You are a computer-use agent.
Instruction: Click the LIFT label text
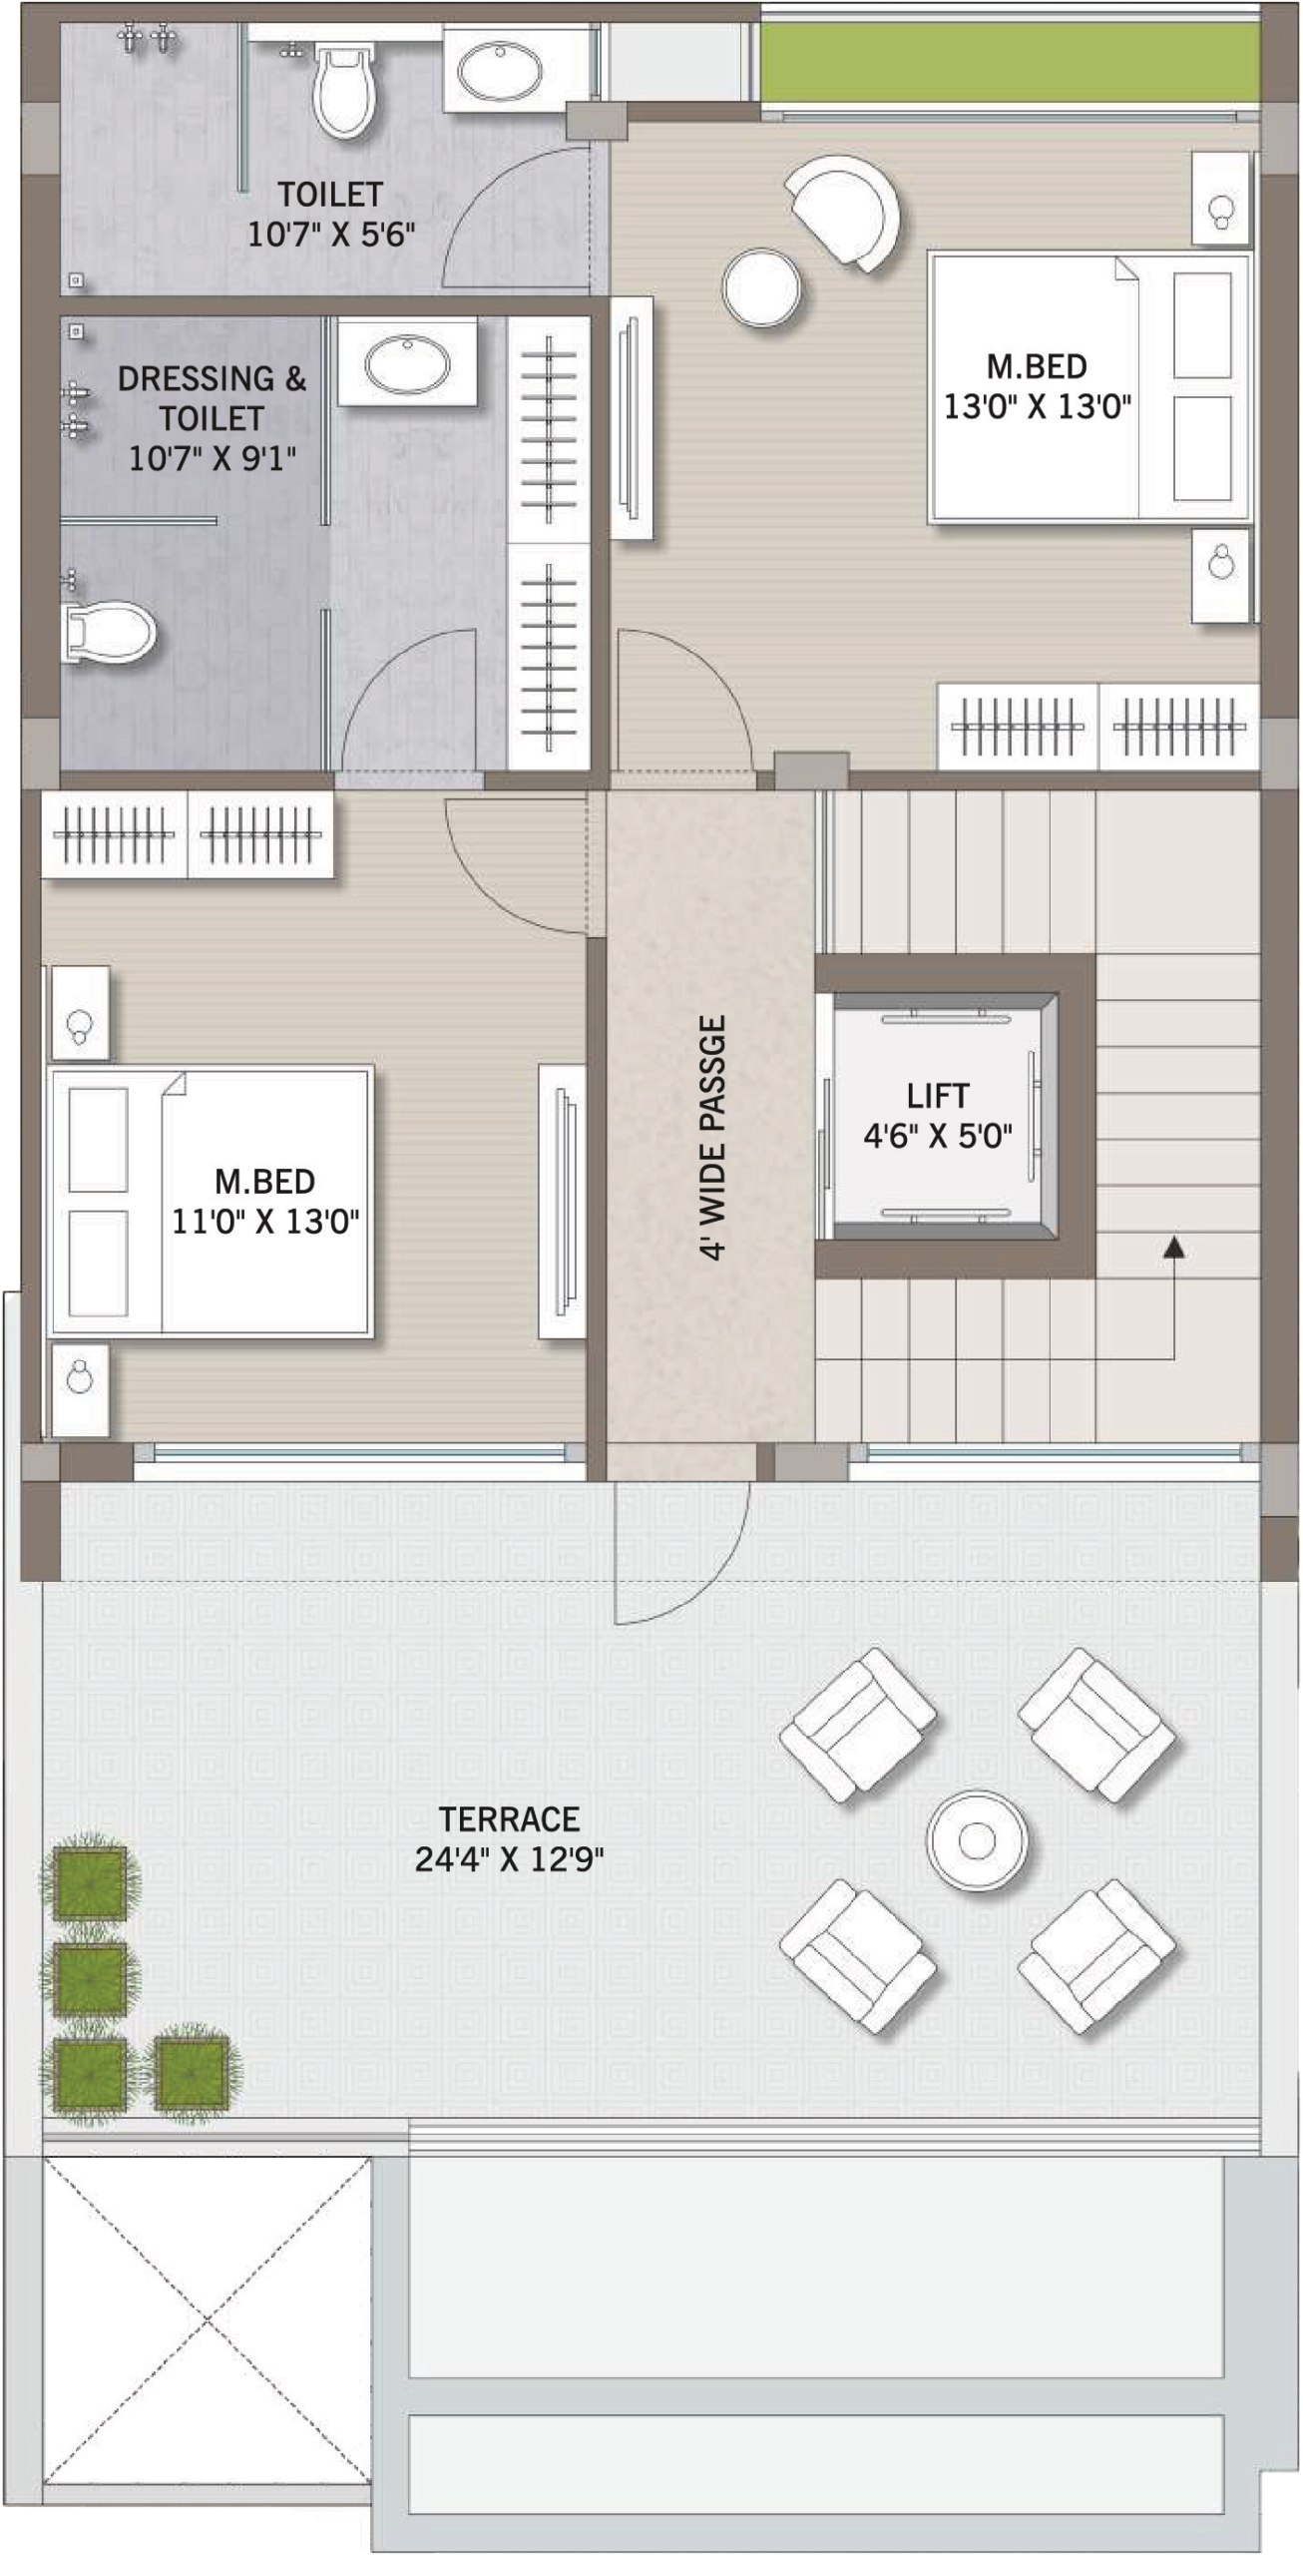tap(937, 1096)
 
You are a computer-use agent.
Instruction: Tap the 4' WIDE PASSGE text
tap(712, 1138)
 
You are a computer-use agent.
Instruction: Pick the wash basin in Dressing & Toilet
tap(406, 362)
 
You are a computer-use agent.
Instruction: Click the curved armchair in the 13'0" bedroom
tap(846, 211)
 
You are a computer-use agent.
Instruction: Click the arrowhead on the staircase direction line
tap(1174, 1245)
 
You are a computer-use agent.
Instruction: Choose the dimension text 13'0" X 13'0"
tap(1037, 407)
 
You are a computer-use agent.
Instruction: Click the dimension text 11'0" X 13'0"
tap(265, 1222)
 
